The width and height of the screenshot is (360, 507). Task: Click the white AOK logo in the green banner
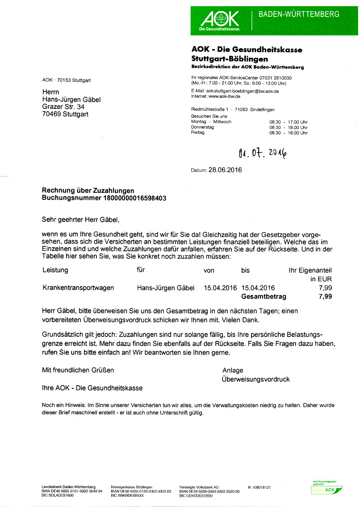220,20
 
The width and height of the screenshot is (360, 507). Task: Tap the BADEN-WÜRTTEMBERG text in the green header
299,14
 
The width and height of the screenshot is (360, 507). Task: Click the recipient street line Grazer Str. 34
63,107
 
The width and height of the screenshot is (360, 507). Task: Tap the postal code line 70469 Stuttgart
65,114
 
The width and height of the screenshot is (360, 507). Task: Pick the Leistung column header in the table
55,270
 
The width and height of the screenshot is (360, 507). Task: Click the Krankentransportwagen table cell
78,288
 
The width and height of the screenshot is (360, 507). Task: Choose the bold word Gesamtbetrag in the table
264,296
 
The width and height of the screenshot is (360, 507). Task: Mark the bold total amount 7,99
325,296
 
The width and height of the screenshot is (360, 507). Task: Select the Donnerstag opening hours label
202,127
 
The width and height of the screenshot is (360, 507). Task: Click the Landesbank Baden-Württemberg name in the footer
69,487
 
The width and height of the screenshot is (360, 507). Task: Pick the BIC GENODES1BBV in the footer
196,496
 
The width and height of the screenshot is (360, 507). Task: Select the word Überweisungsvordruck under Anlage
255,379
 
